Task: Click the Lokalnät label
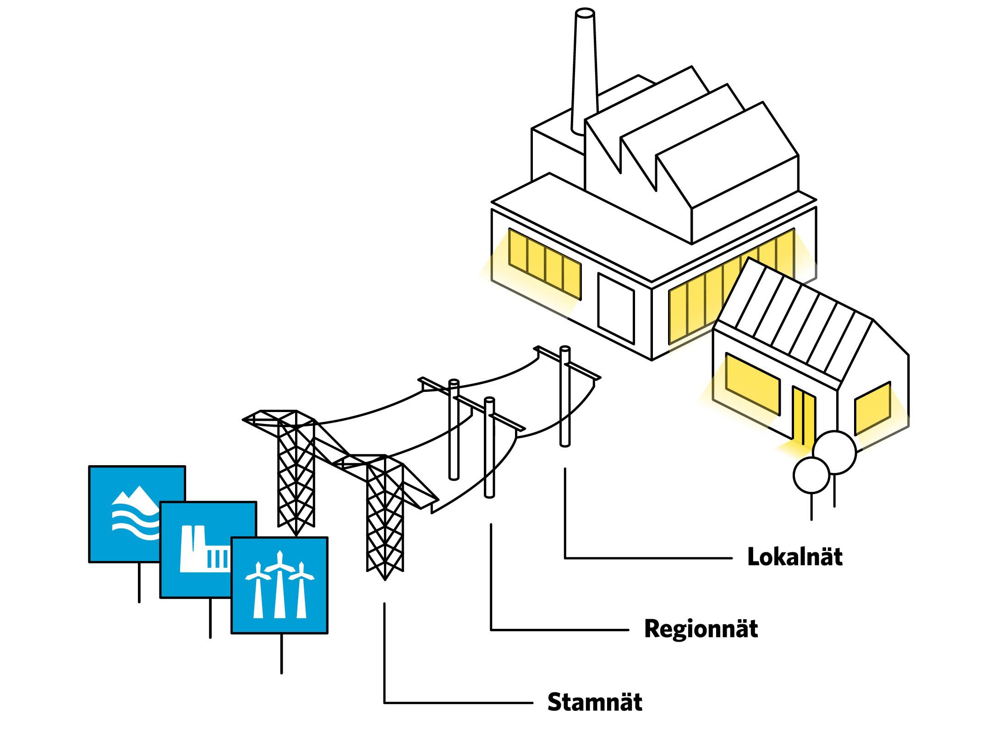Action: point(794,557)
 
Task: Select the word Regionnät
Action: point(701,629)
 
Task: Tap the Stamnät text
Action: point(594,702)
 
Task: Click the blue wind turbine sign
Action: point(279,586)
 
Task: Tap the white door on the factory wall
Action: point(616,308)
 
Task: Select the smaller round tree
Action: point(811,475)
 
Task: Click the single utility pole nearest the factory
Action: point(565,399)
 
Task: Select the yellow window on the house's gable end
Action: point(872,408)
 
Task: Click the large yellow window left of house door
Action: point(752,384)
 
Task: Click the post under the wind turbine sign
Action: point(281,653)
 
